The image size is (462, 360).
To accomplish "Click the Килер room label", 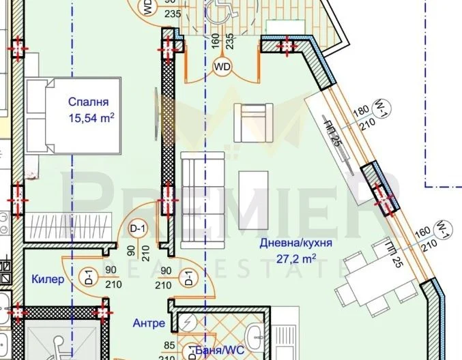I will pos(48,280).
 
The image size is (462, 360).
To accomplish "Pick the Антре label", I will pos(149,323).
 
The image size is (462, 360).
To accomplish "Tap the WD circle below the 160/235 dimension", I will pos(222,66).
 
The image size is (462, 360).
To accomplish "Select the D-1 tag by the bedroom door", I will pos(139,228).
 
